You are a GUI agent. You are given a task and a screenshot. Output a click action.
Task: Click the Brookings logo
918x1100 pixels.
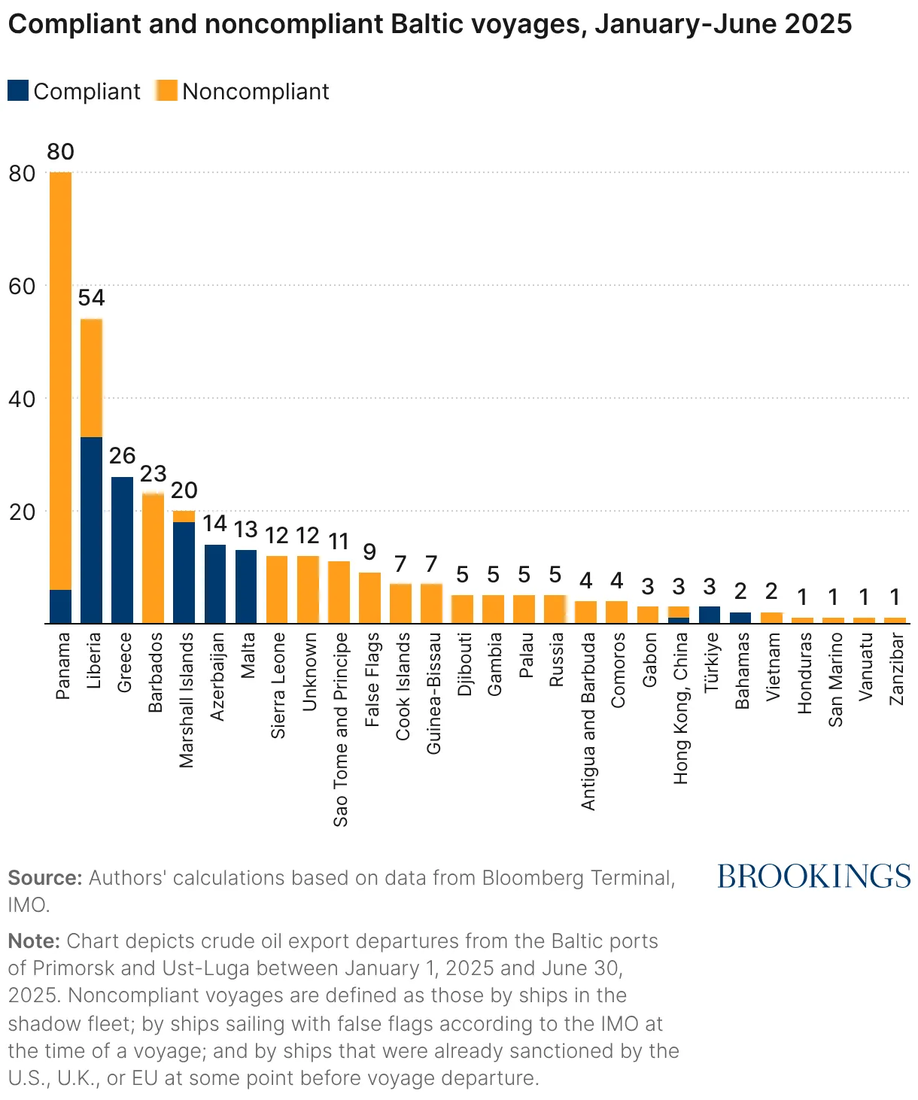[x=813, y=876]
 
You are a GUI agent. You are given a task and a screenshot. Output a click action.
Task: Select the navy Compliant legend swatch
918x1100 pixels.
[x=18, y=90]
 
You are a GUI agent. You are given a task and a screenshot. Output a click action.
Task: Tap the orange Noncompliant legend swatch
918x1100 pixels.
[x=166, y=90]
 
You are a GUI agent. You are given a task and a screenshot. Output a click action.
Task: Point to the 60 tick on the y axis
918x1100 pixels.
[x=22, y=287]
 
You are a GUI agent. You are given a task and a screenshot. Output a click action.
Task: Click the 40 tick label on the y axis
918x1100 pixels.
[x=22, y=400]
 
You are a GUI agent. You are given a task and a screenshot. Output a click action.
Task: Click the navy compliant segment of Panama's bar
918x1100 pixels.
[x=61, y=606]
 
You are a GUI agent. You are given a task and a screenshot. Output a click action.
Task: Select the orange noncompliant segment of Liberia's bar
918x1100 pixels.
[x=91, y=378]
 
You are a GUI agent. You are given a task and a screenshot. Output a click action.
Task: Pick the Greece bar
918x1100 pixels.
[x=122, y=550]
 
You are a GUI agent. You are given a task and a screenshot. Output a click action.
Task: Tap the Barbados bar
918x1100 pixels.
[x=153, y=558]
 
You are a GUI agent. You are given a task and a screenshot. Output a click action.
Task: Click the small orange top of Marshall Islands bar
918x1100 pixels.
[x=184, y=516]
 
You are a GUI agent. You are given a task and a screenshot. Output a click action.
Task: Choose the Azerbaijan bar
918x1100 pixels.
[x=215, y=584]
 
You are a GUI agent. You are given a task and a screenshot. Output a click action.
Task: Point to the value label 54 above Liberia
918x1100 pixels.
[x=91, y=298]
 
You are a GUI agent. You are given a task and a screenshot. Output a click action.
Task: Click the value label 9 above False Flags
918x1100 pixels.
[x=369, y=552]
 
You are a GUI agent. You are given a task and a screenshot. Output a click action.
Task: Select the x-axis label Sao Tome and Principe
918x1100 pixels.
[x=340, y=730]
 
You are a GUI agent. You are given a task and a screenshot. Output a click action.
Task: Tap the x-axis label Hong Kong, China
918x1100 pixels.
[x=680, y=709]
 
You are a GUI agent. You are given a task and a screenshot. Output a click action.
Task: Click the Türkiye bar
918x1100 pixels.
[x=710, y=615]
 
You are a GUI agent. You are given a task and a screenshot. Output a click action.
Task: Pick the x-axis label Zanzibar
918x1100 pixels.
[x=896, y=669]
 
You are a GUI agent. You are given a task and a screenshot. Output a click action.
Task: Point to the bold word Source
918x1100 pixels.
[x=45, y=878]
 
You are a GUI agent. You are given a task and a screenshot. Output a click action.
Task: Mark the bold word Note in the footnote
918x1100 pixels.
[x=35, y=941]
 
